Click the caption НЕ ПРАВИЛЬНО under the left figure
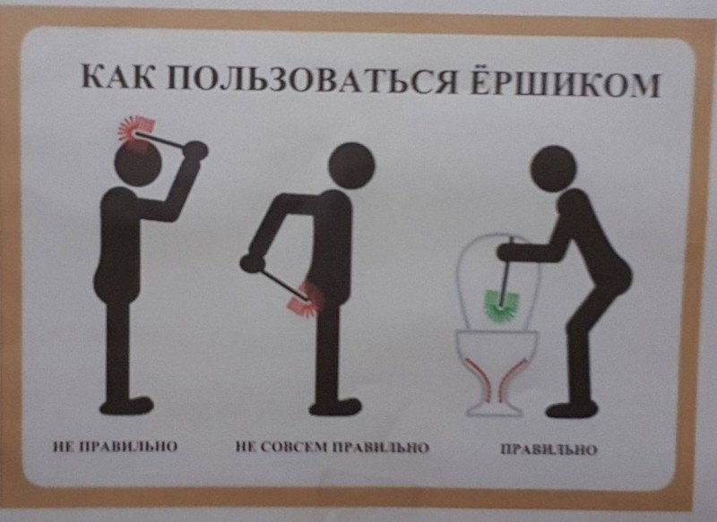click(115, 446)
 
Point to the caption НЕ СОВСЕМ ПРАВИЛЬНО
click(333, 447)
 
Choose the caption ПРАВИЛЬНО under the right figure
click(549, 449)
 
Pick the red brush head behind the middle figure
click(306, 300)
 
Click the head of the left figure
click(139, 163)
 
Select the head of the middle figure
click(351, 166)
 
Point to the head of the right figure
click(553, 168)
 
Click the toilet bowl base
click(497, 373)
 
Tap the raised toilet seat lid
click(498, 279)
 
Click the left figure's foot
click(126, 406)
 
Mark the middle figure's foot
click(335, 406)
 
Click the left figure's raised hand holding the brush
click(196, 150)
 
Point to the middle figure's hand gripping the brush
click(253, 262)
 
